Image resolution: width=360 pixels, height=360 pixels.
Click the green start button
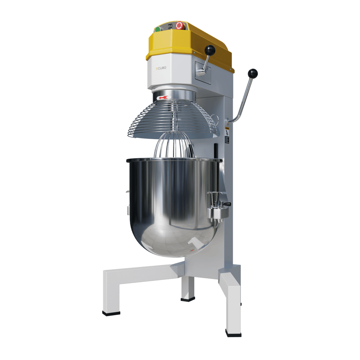tap(157, 29)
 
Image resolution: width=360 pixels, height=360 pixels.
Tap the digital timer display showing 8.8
tap(171, 26)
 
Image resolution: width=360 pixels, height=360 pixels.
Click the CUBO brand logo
tap(161, 68)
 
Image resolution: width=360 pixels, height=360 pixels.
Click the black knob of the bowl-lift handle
tap(253, 73)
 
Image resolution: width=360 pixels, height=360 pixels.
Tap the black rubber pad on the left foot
tap(111, 313)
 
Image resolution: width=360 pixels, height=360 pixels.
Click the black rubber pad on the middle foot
tap(188, 300)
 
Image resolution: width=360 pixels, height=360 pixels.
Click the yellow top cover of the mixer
tap(190, 42)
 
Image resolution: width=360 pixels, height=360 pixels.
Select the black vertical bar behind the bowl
tap(216, 151)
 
